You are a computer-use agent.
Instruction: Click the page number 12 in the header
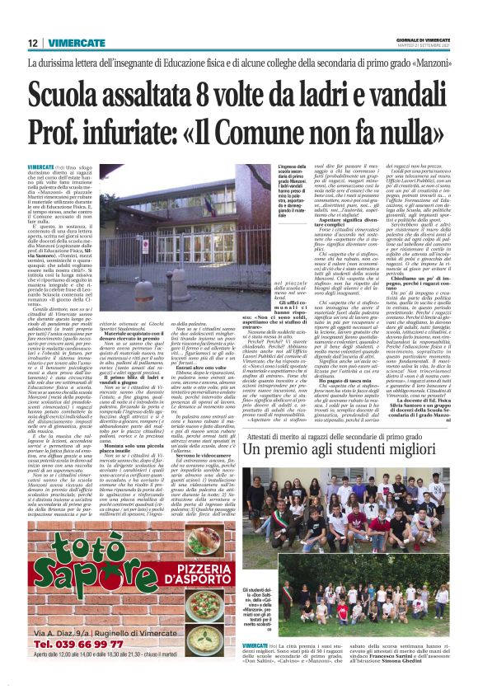(x=34, y=43)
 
